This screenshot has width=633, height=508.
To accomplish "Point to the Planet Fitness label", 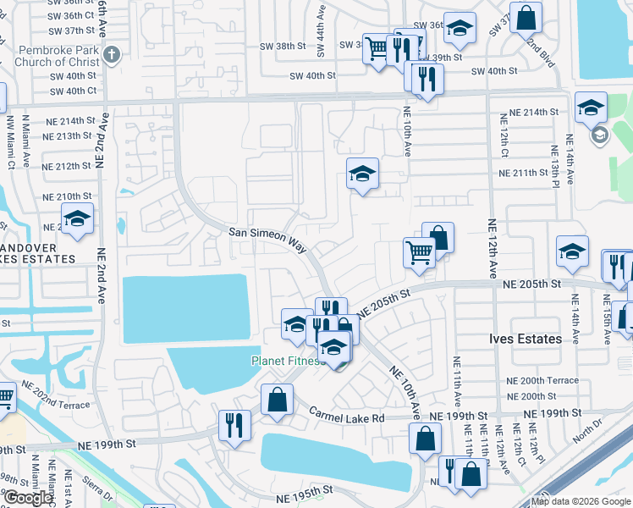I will tap(288, 362).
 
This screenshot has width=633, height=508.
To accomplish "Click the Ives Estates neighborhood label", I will tap(525, 339).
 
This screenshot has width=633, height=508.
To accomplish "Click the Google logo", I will tap(30, 498).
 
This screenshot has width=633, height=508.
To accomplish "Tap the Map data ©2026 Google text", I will tap(581, 501).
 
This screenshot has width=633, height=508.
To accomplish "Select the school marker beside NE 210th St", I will tap(77, 218).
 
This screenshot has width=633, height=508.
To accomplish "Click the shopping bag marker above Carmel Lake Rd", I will tap(277, 399).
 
